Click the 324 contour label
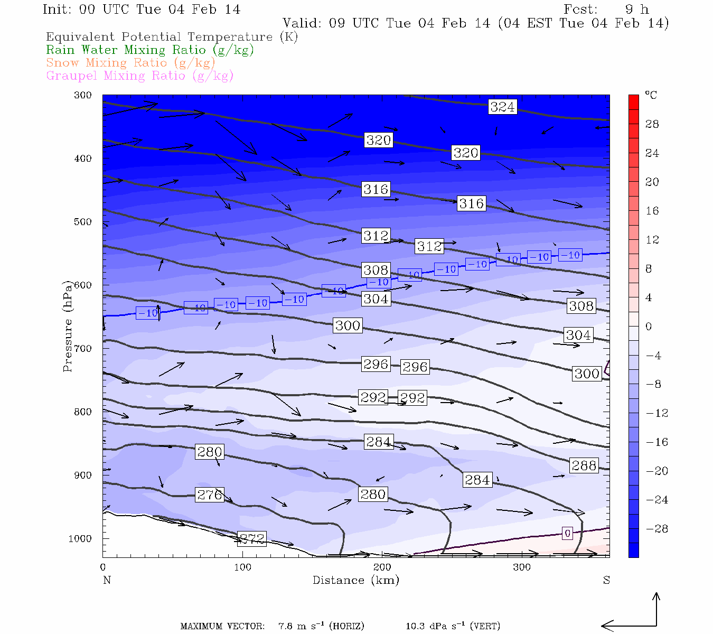click(x=502, y=107)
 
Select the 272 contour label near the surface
click(x=251, y=538)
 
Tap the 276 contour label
click(x=210, y=495)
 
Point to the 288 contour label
click(x=584, y=465)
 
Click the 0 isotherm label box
click(x=567, y=533)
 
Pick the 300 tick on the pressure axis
click(x=83, y=95)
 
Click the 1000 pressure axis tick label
click(x=80, y=538)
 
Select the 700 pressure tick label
click(x=83, y=349)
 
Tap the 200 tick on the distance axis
click(x=382, y=567)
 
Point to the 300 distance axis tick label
click(x=522, y=567)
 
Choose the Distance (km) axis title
click(x=356, y=580)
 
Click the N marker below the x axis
click(x=107, y=580)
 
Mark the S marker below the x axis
click(x=606, y=580)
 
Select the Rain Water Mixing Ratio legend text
click(x=150, y=50)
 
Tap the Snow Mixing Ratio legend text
click(x=130, y=63)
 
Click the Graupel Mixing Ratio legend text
click(x=139, y=76)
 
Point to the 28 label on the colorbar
click(x=652, y=124)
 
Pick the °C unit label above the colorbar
click(x=651, y=95)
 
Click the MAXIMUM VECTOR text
click(x=222, y=627)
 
